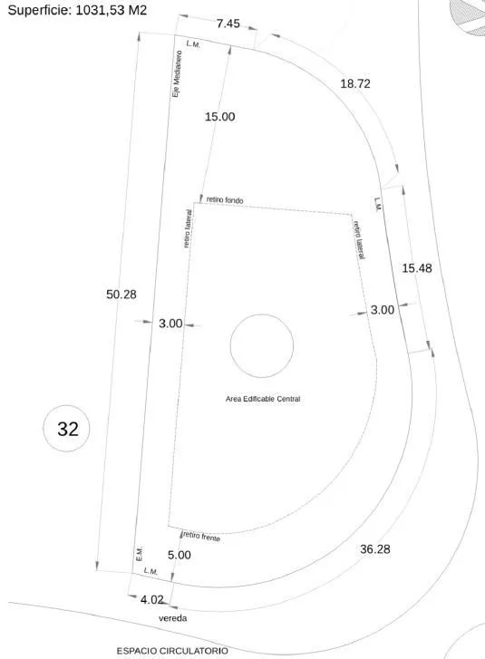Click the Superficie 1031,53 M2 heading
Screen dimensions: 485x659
point(77,10)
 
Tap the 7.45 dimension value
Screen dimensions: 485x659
point(228,24)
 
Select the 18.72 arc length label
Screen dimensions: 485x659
point(355,83)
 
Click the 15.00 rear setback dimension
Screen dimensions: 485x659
point(219,116)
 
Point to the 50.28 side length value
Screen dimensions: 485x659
point(121,295)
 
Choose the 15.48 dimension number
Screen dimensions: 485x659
point(417,268)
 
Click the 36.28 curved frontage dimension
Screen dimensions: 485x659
point(375,549)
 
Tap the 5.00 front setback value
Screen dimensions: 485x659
point(179,555)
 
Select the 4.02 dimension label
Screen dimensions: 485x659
point(151,599)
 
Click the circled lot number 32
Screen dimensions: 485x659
point(68,429)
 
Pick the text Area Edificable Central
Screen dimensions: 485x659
point(263,399)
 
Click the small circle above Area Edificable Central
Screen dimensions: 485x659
point(262,315)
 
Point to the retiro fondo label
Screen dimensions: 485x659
point(225,200)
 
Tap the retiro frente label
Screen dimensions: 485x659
point(202,537)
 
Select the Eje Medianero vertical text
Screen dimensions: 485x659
point(178,74)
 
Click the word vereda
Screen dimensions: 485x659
point(173,618)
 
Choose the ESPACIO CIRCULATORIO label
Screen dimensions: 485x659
point(172,651)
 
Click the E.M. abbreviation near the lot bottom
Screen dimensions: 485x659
point(140,554)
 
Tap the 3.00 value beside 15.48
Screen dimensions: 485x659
point(383,310)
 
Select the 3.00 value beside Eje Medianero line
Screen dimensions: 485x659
point(170,324)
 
